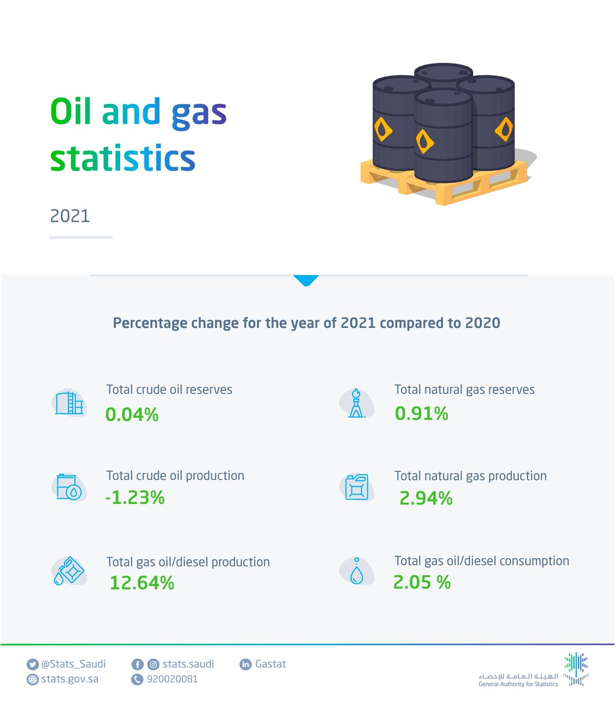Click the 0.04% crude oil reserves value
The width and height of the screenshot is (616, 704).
coord(132,415)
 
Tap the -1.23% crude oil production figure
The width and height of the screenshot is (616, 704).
coord(135,498)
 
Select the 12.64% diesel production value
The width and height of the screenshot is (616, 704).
coord(142,583)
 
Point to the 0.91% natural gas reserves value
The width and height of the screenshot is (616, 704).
coord(421,414)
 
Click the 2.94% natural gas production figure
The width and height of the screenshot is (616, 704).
coord(426,499)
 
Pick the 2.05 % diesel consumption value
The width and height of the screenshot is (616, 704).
coord(422,582)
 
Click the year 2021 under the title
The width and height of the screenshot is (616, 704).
coord(70,216)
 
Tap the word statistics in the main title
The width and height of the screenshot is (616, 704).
coord(122,158)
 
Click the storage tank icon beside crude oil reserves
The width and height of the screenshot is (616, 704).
coord(69,403)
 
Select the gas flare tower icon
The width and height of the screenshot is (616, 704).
coord(356,403)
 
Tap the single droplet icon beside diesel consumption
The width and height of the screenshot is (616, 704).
coord(356,571)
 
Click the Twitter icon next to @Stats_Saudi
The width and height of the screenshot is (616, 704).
coord(32,665)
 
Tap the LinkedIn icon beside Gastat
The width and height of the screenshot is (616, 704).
coord(245,665)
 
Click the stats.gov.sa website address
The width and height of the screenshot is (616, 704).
coord(69,679)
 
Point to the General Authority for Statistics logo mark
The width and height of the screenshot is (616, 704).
coord(576,669)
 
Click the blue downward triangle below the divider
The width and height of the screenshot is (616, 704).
coord(306,280)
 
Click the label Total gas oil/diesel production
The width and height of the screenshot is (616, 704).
coord(188,562)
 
